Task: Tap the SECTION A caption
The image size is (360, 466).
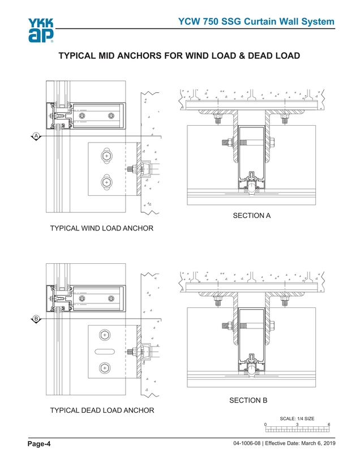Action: [248, 215]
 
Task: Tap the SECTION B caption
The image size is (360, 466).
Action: [248, 400]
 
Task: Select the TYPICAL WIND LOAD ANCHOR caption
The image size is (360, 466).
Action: [102, 228]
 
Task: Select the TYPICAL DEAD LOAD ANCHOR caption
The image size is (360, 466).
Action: [102, 410]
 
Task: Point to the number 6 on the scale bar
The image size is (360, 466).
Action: [329, 425]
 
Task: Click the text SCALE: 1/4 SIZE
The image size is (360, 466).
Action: [297, 418]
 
